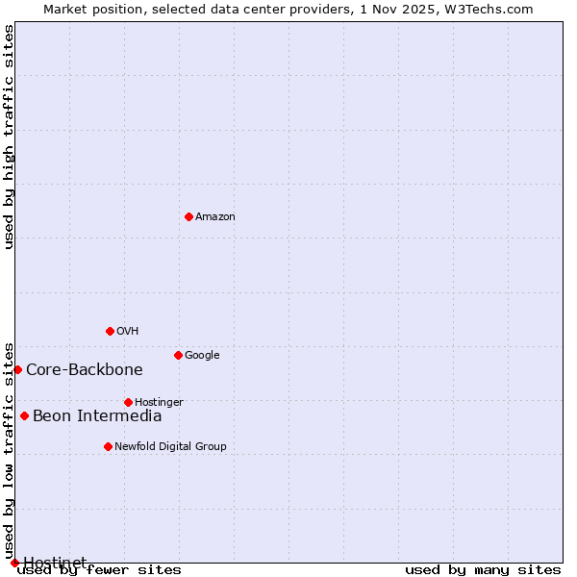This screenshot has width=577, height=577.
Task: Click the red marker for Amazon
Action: pyautogui.click(x=188, y=216)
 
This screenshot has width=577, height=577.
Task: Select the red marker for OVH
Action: pyautogui.click(x=110, y=331)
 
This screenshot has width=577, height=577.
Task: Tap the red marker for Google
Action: pyautogui.click(x=178, y=355)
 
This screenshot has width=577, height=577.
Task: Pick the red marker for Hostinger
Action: pyautogui.click(x=128, y=402)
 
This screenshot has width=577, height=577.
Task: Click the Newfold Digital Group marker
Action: pyautogui.click(x=108, y=446)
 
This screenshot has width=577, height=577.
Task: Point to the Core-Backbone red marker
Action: pyautogui.click(x=17, y=369)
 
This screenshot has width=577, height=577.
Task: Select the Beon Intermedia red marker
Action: pyautogui.click(x=24, y=415)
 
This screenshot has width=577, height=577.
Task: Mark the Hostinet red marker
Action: pyautogui.click(x=14, y=563)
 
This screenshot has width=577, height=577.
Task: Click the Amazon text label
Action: pyautogui.click(x=215, y=217)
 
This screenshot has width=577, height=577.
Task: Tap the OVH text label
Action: pyautogui.click(x=128, y=332)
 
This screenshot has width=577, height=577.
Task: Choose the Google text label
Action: pyautogui.click(x=202, y=356)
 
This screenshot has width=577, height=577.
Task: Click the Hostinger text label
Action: pyautogui.click(x=159, y=402)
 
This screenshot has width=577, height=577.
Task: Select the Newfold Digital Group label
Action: pyautogui.click(x=170, y=446)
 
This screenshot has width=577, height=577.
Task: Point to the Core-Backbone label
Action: pyautogui.click(x=85, y=370)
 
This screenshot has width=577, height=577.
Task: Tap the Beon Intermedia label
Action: pyautogui.click(x=97, y=416)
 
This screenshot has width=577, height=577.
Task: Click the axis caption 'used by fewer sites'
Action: pyautogui.click(x=99, y=569)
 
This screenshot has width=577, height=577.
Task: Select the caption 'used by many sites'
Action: pyautogui.click(x=483, y=569)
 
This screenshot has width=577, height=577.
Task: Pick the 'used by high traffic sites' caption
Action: pyautogui.click(x=10, y=137)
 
